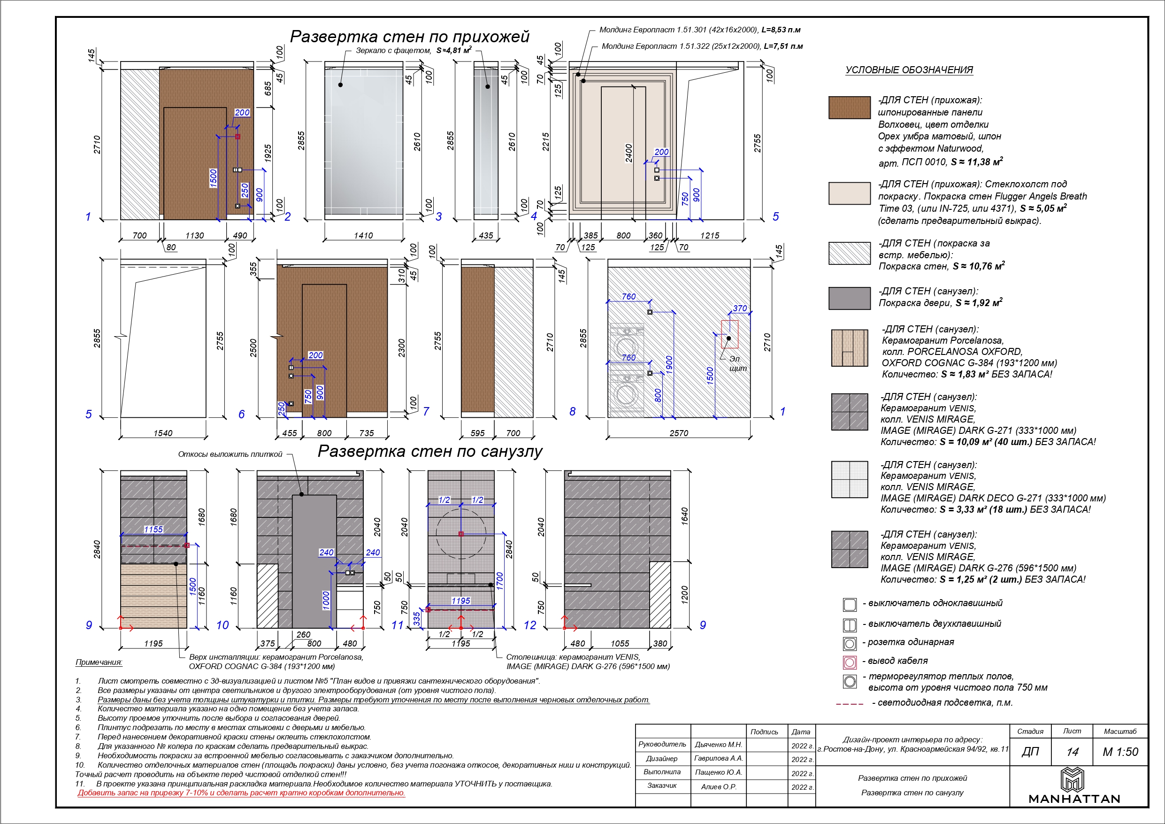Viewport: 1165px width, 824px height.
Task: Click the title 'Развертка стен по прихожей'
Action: point(409,37)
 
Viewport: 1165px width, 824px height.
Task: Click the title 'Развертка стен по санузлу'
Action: point(430,451)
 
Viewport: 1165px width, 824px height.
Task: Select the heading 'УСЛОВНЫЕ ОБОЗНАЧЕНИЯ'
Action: point(909,70)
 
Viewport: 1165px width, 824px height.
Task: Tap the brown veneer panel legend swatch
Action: point(850,108)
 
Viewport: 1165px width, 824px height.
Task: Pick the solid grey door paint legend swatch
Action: point(850,298)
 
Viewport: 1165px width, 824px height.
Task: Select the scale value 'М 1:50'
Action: point(1120,752)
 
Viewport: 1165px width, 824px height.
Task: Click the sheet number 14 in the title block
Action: point(1072,752)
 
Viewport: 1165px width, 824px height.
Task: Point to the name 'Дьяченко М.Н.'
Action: point(718,745)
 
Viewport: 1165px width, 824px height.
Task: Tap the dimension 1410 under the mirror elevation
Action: point(363,236)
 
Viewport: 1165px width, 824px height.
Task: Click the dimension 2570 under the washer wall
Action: point(678,433)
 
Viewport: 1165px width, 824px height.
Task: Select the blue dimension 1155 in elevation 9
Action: point(153,530)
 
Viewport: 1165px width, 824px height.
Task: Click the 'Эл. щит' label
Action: point(737,363)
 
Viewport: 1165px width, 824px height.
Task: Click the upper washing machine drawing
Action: point(626,343)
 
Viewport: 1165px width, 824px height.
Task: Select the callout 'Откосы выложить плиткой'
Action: point(230,454)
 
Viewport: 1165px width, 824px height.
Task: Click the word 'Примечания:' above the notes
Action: point(99,662)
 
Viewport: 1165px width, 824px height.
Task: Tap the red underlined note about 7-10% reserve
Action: point(241,793)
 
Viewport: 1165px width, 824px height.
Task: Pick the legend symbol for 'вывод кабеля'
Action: point(850,662)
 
